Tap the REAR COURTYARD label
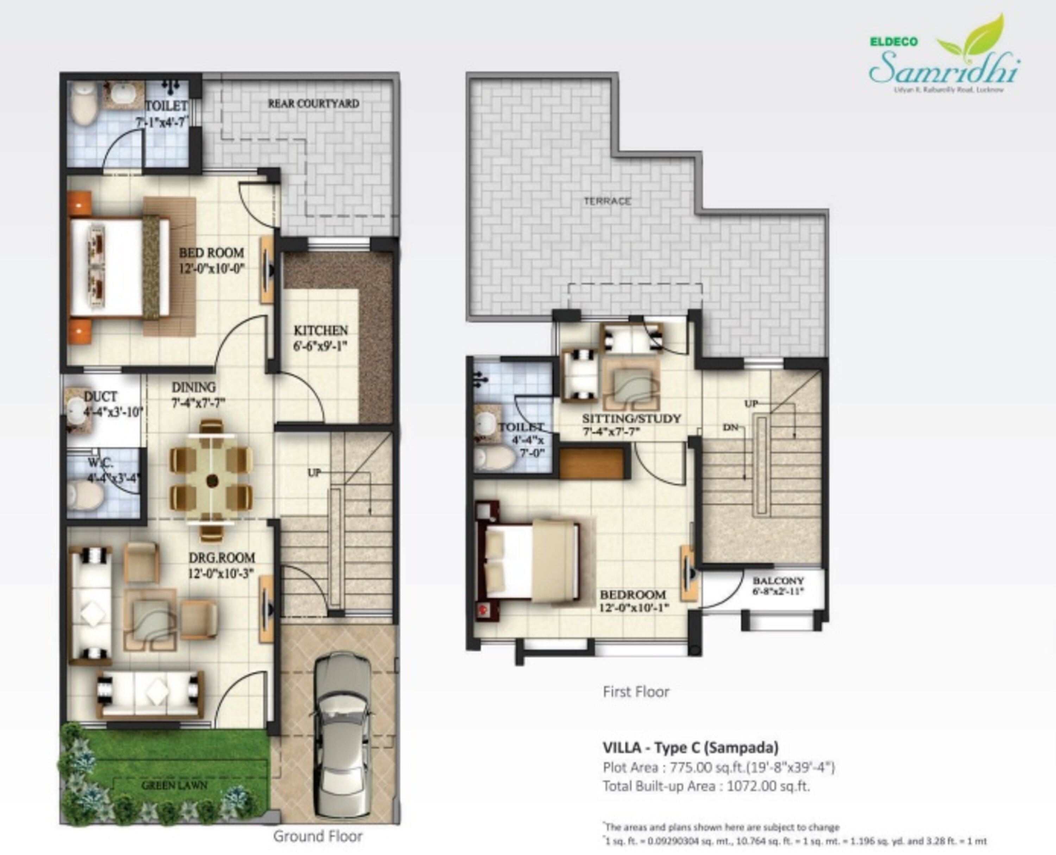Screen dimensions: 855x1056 313,104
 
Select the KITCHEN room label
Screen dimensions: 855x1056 321,331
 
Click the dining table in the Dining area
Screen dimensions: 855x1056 212,480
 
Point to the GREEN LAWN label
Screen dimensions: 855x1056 174,785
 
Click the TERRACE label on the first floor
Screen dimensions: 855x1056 607,201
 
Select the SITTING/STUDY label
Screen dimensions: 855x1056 631,419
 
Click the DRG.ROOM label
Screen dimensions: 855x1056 222,558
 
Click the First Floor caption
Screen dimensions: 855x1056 636,692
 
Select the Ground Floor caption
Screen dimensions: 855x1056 318,836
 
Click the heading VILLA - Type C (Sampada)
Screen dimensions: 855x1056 691,748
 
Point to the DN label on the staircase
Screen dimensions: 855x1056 730,427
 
